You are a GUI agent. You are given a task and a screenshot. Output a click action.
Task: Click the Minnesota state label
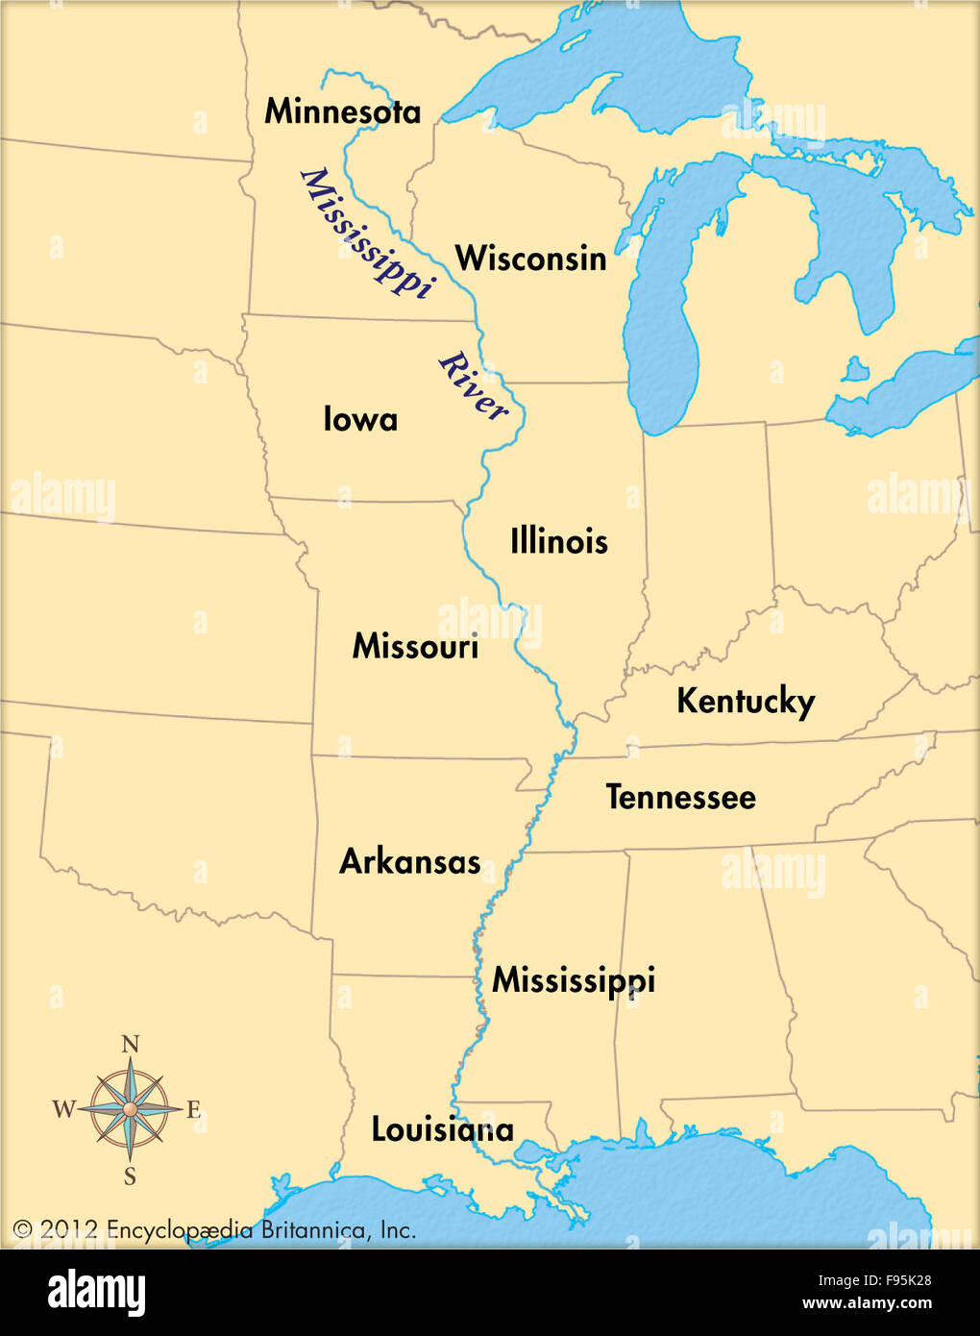[x=342, y=111]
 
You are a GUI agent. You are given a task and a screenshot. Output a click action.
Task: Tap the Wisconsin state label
[x=530, y=259]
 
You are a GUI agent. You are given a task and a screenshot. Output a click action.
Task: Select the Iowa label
[x=360, y=419]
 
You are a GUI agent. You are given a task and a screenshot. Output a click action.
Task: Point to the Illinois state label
[x=558, y=541]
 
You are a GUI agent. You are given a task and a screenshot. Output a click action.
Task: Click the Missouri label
[x=415, y=646]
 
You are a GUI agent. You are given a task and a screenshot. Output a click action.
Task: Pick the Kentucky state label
[x=746, y=702]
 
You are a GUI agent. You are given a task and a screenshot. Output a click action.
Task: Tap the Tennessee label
[x=680, y=797]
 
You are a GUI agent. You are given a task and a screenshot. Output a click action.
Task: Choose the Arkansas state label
[x=410, y=861]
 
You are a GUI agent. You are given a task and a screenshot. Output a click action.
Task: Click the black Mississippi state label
[x=574, y=980]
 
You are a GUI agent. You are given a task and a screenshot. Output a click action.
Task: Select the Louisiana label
[x=443, y=1129]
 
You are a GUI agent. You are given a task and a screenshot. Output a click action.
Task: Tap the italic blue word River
[x=473, y=386]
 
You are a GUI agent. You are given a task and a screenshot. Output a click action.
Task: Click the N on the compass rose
[x=131, y=1045]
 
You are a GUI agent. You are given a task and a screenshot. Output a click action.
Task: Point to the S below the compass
[x=130, y=1176]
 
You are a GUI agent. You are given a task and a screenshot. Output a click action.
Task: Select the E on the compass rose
[x=193, y=1111]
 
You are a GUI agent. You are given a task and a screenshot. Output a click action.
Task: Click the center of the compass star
[x=130, y=1109]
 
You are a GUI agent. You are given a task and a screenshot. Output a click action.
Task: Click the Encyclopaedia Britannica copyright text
[x=214, y=1230]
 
